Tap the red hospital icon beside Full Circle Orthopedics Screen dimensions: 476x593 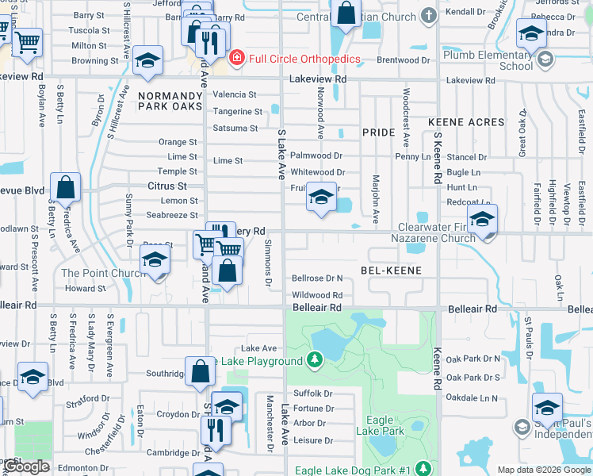[236, 59]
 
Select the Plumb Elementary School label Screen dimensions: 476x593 [488, 60]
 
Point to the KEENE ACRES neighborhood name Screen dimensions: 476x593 [466, 122]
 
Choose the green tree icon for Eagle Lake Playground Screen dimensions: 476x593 [316, 361]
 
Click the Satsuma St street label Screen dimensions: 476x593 [235, 128]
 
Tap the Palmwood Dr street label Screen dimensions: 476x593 [316, 155]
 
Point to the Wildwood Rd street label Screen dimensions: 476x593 [317, 294]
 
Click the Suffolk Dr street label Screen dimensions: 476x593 [312, 393]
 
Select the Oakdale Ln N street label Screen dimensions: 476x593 [472, 397]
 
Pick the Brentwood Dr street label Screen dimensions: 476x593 [404, 59]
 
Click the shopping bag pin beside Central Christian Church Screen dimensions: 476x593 [346, 13]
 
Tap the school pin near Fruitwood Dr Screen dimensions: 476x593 [320, 198]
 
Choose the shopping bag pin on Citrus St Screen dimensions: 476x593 [66, 188]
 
